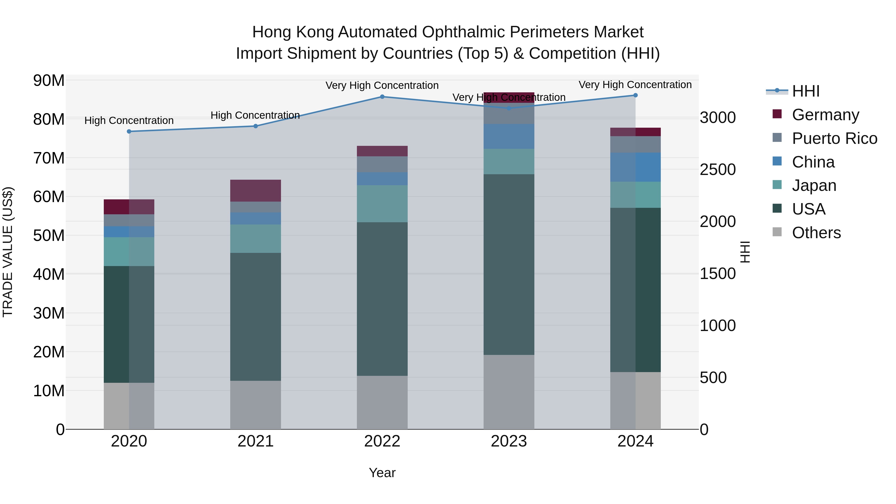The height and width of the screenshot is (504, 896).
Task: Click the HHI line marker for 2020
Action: point(129,131)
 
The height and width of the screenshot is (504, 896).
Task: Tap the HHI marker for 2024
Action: point(635,95)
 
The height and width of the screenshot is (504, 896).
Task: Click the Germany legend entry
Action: point(825,115)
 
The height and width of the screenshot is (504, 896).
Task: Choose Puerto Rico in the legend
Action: point(834,138)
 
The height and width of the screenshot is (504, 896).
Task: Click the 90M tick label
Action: point(49,81)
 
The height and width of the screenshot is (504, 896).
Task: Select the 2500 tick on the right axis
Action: point(718,170)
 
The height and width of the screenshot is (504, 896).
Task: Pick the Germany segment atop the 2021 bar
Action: point(255,191)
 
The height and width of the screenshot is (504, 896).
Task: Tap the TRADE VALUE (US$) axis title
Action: point(8,252)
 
